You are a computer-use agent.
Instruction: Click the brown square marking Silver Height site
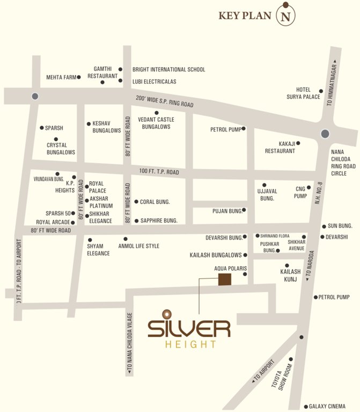point(224,279)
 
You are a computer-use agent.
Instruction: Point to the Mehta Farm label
point(60,77)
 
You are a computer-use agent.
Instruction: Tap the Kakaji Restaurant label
point(280,147)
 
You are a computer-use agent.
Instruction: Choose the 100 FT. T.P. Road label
point(159,172)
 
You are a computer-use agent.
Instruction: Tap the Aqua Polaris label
point(230,267)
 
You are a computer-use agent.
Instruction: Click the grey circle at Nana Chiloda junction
point(325,134)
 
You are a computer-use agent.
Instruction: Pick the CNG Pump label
point(300,192)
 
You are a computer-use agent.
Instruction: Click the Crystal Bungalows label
point(61,149)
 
